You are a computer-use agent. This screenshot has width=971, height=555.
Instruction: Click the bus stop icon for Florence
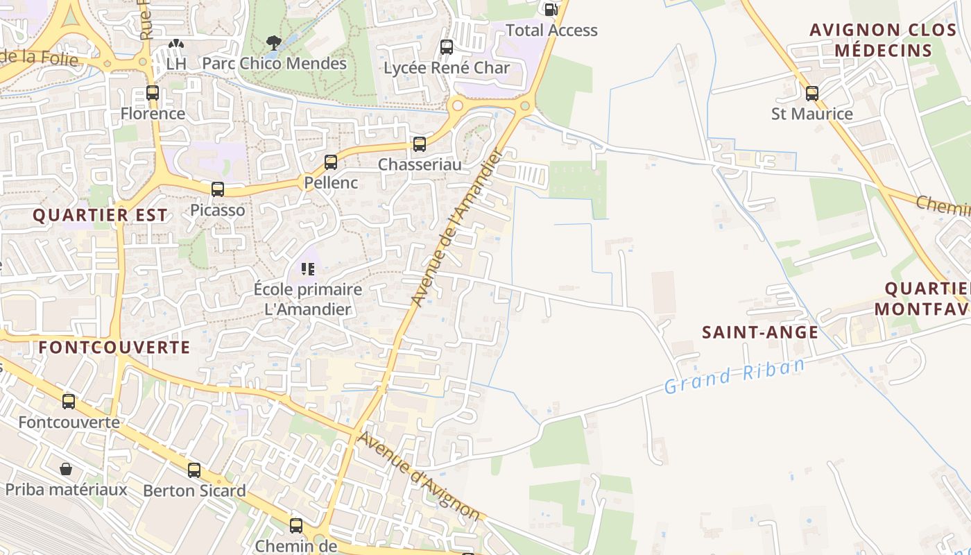pyautogui.click(x=153, y=92)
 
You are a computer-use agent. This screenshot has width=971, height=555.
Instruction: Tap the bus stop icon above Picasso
pyautogui.click(x=218, y=189)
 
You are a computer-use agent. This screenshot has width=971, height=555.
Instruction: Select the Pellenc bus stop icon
pyautogui.click(x=331, y=162)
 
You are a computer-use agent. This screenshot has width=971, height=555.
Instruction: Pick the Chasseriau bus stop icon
pyautogui.click(x=420, y=144)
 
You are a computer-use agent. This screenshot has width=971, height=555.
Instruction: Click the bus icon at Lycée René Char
pyautogui.click(x=447, y=47)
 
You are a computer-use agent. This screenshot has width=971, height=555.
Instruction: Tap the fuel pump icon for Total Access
pyautogui.click(x=551, y=9)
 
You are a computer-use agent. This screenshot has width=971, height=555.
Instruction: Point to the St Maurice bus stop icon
pyautogui.click(x=812, y=93)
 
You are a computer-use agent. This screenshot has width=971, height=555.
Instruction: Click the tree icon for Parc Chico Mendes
pyautogui.click(x=274, y=42)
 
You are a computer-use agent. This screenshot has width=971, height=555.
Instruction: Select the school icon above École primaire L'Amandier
pyautogui.click(x=308, y=268)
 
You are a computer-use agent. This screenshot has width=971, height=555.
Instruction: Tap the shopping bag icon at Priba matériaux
pyautogui.click(x=66, y=469)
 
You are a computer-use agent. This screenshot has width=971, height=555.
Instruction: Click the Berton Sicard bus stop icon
pyautogui.click(x=194, y=470)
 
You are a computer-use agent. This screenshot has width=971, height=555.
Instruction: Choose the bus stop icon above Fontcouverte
pyautogui.click(x=69, y=401)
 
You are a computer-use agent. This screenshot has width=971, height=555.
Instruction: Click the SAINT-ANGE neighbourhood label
pyautogui.click(x=760, y=332)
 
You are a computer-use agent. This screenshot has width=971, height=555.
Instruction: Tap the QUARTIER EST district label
pyautogui.click(x=100, y=215)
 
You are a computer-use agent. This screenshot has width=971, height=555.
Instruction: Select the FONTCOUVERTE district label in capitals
pyautogui.click(x=114, y=347)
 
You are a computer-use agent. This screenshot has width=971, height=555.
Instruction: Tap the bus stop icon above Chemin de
pyautogui.click(x=296, y=525)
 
